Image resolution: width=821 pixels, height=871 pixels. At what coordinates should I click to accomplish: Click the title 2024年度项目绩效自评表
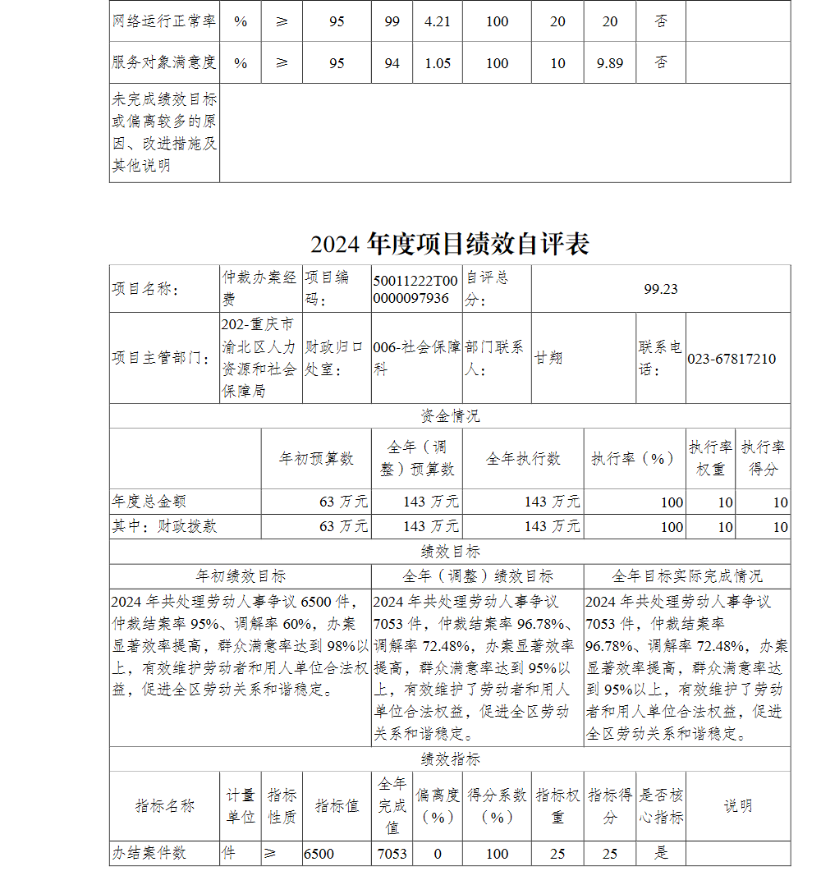[x=450, y=244]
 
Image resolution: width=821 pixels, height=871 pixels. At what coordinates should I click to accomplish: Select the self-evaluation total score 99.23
[x=661, y=289]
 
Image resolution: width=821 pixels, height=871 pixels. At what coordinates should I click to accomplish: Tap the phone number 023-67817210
[x=732, y=359]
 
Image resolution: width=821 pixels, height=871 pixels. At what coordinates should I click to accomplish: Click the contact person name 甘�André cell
[x=549, y=359]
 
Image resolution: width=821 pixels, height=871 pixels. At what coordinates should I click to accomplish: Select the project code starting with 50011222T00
[x=415, y=289]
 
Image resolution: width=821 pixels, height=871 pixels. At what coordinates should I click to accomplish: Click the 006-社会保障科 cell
[x=416, y=359]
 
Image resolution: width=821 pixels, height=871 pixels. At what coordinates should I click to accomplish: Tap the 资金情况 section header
[x=450, y=416]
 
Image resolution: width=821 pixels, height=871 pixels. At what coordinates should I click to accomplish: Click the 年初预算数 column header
[x=316, y=458]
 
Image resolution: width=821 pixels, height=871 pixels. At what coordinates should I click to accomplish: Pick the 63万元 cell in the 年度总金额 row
[x=344, y=502]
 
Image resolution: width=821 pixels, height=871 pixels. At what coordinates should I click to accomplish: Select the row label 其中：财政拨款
[x=164, y=526]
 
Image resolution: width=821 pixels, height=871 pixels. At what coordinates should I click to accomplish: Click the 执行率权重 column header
[x=710, y=458]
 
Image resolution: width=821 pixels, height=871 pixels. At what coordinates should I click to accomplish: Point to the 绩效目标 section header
[x=450, y=552]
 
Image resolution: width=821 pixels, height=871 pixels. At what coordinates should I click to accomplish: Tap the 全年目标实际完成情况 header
[x=687, y=576]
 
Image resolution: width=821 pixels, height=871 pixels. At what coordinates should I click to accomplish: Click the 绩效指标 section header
[x=450, y=759]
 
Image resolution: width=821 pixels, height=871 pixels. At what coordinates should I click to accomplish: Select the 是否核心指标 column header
[x=661, y=806]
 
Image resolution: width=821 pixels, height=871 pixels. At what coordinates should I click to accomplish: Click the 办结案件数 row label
[x=149, y=854]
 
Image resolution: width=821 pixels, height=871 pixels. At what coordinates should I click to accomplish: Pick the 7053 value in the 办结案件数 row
[x=392, y=854]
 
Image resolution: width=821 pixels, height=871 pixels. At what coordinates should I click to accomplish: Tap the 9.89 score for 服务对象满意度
[x=610, y=63]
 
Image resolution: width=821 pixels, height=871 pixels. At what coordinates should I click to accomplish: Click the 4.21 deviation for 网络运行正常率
[x=438, y=21]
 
